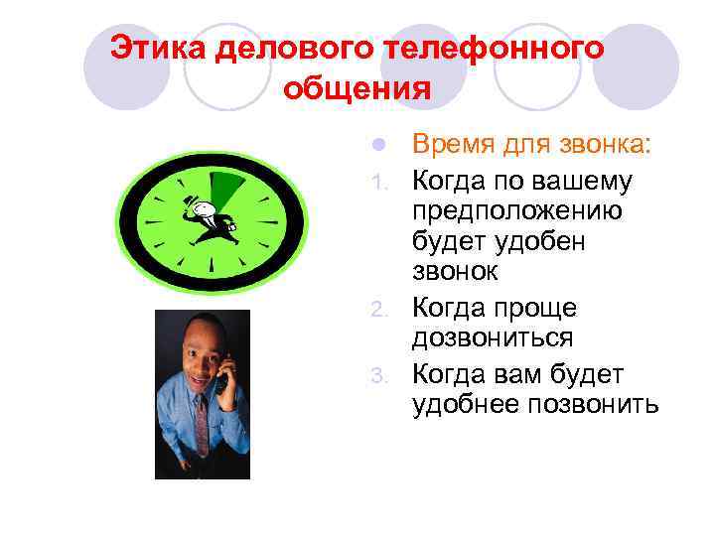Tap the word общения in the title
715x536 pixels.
pos(357,89)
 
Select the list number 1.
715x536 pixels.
pos(377,184)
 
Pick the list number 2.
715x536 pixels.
pos(377,311)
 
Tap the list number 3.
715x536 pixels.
pos(377,375)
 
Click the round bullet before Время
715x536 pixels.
pos(377,146)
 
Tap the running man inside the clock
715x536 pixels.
pos(207,218)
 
